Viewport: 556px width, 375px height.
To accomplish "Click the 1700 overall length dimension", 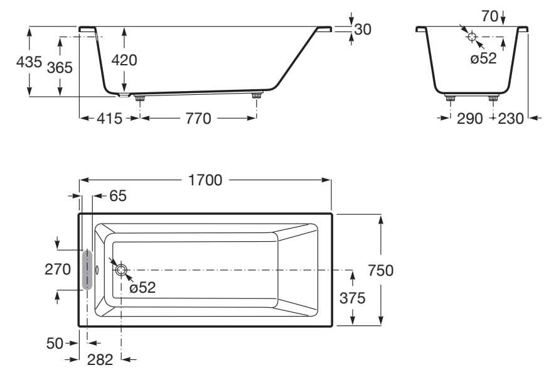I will point(205,180).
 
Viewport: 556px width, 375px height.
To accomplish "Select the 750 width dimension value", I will point(381,270).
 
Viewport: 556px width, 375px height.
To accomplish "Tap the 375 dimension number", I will point(352,298).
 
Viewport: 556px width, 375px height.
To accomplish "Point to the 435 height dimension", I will point(29,62).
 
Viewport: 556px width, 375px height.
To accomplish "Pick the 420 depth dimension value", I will point(124,60).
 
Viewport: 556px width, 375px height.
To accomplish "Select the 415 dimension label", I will point(109,119).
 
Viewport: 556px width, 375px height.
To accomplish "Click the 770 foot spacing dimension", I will point(198,119).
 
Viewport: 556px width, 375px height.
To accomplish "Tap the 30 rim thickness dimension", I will point(362,29).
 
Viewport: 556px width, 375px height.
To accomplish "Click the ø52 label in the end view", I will point(483,58).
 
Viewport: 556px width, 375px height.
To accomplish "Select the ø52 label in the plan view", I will point(142,288).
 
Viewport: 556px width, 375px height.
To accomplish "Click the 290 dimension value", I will point(469,119).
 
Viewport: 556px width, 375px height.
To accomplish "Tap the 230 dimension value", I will point(510,119).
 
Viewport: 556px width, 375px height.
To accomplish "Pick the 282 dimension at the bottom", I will point(100,360).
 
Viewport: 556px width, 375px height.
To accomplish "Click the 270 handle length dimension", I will point(57,269).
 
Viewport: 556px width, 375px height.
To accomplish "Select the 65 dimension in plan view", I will point(117,196).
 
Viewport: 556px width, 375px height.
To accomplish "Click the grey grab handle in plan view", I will point(87,269).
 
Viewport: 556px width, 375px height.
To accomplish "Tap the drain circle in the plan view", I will point(120,270).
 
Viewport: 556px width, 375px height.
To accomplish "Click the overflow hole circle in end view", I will point(471,36).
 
